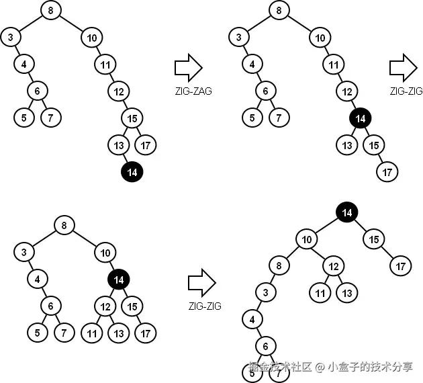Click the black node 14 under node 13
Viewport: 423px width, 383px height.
pyautogui.click(x=132, y=172)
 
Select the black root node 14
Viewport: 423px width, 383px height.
pyautogui.click(x=346, y=212)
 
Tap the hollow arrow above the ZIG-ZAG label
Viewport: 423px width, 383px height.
pyautogui.click(x=188, y=68)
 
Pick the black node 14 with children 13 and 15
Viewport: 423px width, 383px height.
pyautogui.click(x=360, y=118)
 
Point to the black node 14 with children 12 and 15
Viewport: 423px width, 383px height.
pyautogui.click(x=118, y=279)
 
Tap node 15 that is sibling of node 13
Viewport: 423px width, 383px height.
pyautogui.click(x=373, y=144)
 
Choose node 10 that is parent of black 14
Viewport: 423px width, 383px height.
pyautogui.click(x=104, y=252)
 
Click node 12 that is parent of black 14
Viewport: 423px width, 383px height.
pyautogui.click(x=346, y=91)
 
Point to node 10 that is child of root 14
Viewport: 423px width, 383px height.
pyautogui.click(x=307, y=239)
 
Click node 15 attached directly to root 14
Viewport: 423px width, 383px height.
pyautogui.click(x=373, y=239)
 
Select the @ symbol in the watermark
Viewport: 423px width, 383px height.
pyautogui.click(x=320, y=367)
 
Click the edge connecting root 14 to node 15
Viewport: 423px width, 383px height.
pyautogui.click(x=360, y=226)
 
